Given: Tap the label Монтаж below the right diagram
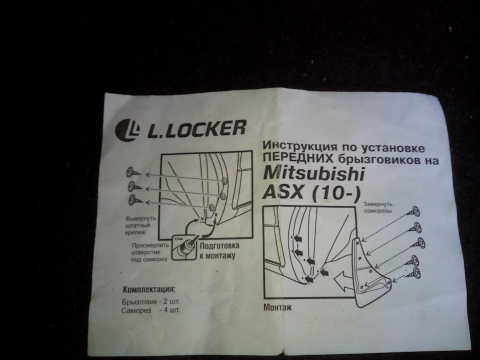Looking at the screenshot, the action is (x=277, y=307).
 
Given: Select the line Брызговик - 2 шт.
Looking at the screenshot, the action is (x=151, y=302).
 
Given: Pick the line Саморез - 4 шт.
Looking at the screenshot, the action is (x=150, y=310).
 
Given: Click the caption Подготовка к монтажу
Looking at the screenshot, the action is (x=219, y=250).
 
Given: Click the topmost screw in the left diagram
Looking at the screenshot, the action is (x=133, y=172).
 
